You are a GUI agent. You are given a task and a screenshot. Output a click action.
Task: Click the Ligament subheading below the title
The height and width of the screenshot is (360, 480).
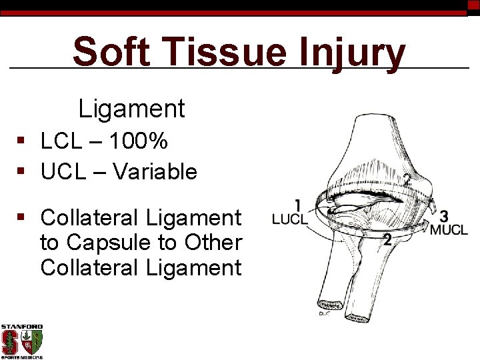pyautogui.click(x=131, y=108)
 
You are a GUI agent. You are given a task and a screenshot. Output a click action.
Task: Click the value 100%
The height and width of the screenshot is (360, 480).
pyautogui.click(x=139, y=141)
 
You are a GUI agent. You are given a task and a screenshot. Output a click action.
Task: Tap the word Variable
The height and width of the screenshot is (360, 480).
pyautogui.click(x=155, y=172)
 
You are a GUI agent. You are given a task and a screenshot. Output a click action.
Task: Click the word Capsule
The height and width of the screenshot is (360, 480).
pyautogui.click(x=108, y=243)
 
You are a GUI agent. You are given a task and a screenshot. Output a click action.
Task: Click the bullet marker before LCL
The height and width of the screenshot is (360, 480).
pyautogui.click(x=22, y=142)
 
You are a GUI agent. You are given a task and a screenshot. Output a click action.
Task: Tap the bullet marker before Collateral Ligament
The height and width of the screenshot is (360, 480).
pyautogui.click(x=22, y=218)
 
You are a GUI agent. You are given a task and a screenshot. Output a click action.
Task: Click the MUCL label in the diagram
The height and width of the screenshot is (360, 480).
pyautogui.click(x=449, y=230)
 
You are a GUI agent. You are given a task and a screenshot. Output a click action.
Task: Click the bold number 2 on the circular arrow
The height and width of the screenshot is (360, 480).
pyautogui.click(x=387, y=240)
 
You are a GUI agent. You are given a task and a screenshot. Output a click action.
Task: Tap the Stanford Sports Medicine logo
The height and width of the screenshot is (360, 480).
pyautogui.click(x=22, y=341)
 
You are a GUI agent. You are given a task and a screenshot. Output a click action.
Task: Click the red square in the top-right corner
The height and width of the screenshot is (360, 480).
pyautogui.click(x=473, y=5)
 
